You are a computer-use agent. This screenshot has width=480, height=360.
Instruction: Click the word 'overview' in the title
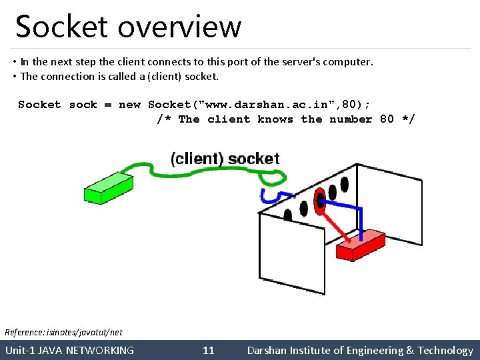tap(180, 27)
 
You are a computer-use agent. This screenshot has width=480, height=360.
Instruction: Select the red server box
tap(360, 245)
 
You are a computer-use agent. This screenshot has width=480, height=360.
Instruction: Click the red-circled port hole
tap(319, 197)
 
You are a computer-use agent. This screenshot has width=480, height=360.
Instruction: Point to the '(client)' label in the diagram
tap(197, 159)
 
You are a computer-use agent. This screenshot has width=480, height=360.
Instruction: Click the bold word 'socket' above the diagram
tap(254, 159)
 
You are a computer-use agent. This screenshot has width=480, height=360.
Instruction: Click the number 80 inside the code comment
tap(387, 119)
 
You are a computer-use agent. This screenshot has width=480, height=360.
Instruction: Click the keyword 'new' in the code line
tap(129, 105)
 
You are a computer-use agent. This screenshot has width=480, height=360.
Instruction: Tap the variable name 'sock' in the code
tap(83, 105)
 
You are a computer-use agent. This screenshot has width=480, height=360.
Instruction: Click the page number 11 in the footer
tap(209, 350)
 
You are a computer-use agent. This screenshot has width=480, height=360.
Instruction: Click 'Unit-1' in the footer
tap(20, 350)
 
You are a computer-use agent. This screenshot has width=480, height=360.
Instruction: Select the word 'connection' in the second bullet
tap(68, 76)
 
